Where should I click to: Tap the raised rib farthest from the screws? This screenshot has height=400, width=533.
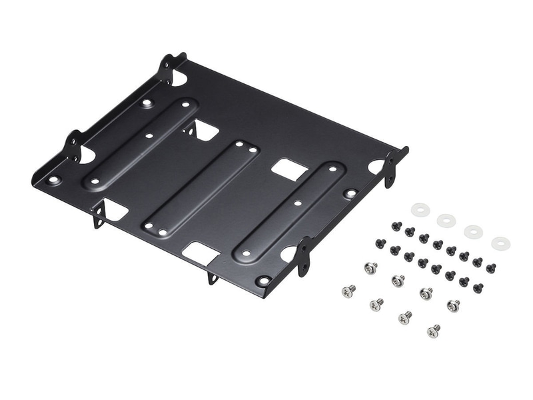click(x=140, y=142)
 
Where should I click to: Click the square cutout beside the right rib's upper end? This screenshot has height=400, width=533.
click(x=289, y=169)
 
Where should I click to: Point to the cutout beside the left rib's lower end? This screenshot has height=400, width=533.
click(x=115, y=211)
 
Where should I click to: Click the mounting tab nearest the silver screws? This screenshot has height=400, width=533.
click(x=304, y=256)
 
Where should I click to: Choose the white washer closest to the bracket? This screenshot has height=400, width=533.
click(x=420, y=209)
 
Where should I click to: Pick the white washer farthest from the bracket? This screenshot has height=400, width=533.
click(x=500, y=243)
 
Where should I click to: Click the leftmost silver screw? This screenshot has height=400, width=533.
click(x=348, y=291)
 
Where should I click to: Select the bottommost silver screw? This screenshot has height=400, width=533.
click(x=434, y=330)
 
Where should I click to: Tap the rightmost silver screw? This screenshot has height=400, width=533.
click(x=453, y=305)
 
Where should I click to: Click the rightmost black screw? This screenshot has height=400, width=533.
click(x=490, y=268)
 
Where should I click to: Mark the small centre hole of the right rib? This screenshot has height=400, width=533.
click(x=298, y=202)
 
